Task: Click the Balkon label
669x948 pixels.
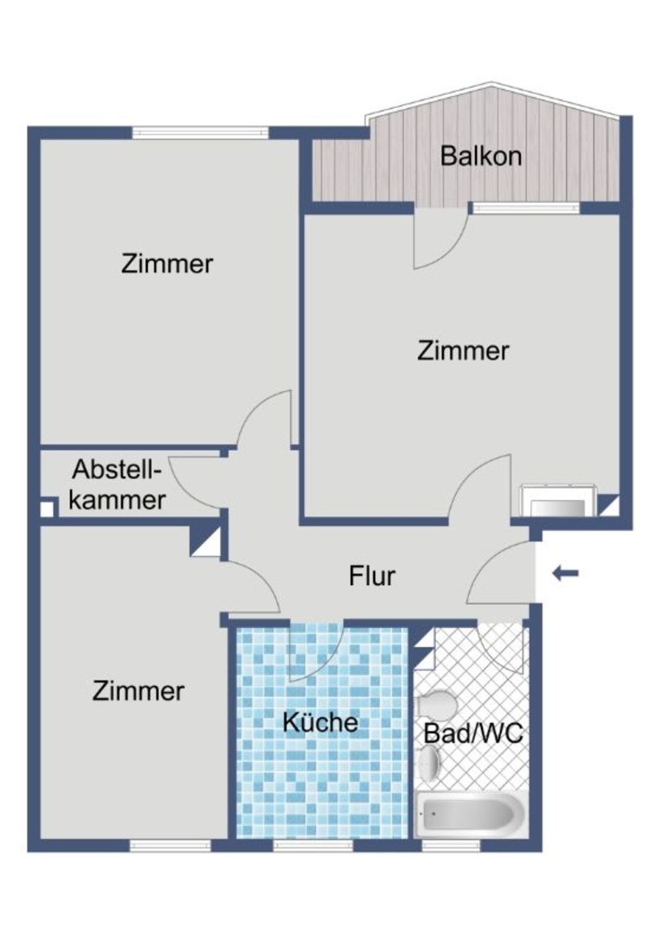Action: point(480,157)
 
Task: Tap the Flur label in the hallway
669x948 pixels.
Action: point(372,576)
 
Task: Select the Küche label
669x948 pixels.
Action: point(320,722)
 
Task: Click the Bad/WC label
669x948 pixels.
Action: point(473,734)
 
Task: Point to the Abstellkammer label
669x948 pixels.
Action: point(117,485)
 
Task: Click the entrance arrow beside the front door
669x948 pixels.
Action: point(565,573)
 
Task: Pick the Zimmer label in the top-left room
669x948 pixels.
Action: point(167,264)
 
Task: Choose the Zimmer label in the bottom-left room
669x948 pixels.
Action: point(138,691)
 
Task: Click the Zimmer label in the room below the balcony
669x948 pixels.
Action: point(463,351)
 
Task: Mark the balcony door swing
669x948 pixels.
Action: point(436,241)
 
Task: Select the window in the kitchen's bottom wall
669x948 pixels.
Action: point(313,846)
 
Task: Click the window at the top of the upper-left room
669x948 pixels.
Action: point(200,133)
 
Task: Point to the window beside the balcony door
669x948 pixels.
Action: point(525,208)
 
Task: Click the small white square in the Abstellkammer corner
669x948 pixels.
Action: point(47,509)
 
